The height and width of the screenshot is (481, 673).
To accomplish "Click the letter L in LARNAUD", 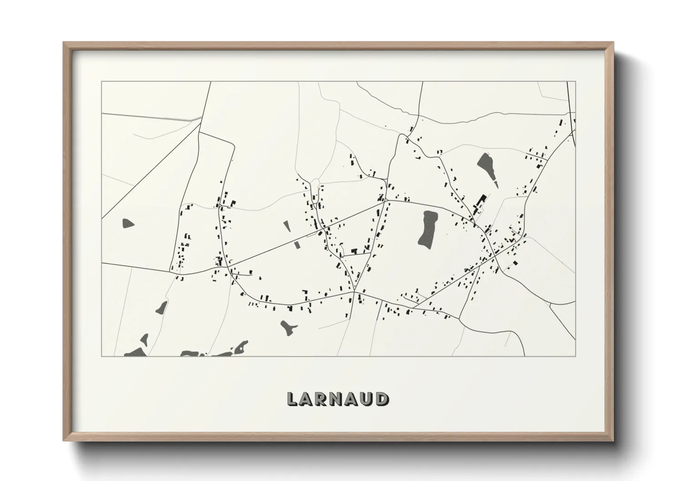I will coord(292,399).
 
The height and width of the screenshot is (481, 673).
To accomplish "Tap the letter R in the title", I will coord(323,399).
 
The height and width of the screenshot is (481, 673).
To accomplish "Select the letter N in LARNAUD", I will coord(338,399).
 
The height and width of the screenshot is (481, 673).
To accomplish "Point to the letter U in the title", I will coord(367,399).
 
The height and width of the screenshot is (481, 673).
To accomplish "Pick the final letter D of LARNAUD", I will coord(382,399).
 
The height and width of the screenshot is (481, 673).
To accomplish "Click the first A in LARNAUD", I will coord(307,399).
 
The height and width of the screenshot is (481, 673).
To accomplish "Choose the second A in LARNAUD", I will coord(352,399).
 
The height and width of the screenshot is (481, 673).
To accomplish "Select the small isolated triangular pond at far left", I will coord(128,223).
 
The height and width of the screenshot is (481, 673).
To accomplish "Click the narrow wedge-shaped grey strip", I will coord(286,227).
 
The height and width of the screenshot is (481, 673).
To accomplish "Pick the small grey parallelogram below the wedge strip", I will coord(297,245).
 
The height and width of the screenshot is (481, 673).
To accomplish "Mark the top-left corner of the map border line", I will coord(101,82).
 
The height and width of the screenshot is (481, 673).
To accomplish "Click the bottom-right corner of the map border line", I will coord(575,356).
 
